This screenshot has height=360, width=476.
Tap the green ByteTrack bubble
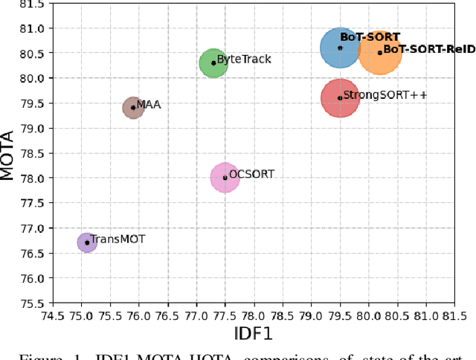tap(213, 62)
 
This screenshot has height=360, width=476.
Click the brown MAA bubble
tap(133, 108)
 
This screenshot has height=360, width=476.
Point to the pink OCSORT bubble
tap(225, 178)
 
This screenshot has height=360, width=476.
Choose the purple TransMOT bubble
tap(87, 242)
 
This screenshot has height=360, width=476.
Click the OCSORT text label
tap(251, 174)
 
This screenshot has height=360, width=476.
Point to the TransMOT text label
tap(118, 239)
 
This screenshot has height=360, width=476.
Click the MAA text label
tap(149, 105)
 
